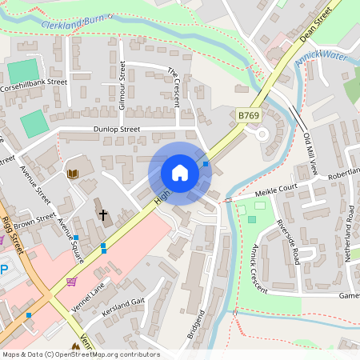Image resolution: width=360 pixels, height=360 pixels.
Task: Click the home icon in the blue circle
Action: (x=180, y=173)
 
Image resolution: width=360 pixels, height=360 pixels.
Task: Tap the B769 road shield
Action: (x=250, y=117)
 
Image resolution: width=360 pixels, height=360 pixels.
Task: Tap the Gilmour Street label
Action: (x=122, y=84)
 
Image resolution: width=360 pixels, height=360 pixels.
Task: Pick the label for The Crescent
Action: (x=173, y=84)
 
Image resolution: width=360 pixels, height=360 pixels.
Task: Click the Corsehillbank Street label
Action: (x=34, y=82)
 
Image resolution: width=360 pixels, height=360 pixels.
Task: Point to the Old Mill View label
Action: (x=311, y=154)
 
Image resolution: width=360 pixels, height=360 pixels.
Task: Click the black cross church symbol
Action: (x=102, y=214)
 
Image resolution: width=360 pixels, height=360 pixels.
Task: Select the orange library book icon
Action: (x=73, y=174)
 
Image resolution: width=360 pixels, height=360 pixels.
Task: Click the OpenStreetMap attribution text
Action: (x=80, y=354)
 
